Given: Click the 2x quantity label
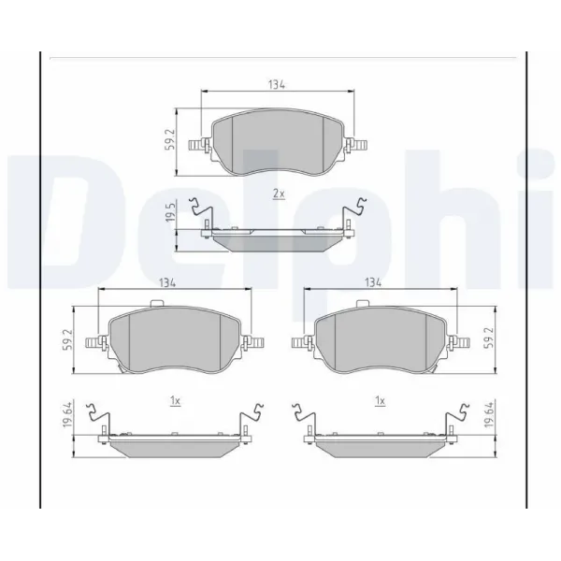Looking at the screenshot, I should (x=277, y=194).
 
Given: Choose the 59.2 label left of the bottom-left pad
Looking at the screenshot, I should (x=66, y=339).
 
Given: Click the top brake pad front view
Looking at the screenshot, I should (x=277, y=143).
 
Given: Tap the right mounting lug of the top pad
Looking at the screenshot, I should (x=357, y=144).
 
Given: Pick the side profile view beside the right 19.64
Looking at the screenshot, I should (x=380, y=440).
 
